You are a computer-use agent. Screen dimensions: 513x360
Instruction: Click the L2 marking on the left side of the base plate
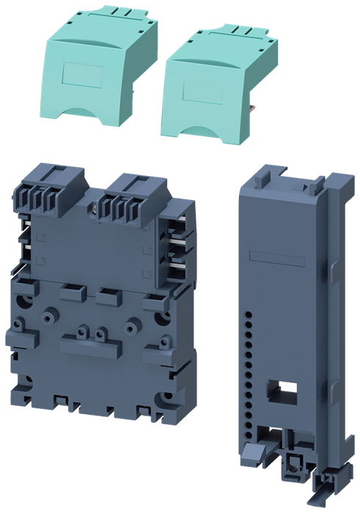pos(22,239)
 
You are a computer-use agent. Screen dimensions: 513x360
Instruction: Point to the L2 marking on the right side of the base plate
pos(147,251)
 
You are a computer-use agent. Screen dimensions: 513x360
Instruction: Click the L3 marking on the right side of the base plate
pos(147,274)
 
